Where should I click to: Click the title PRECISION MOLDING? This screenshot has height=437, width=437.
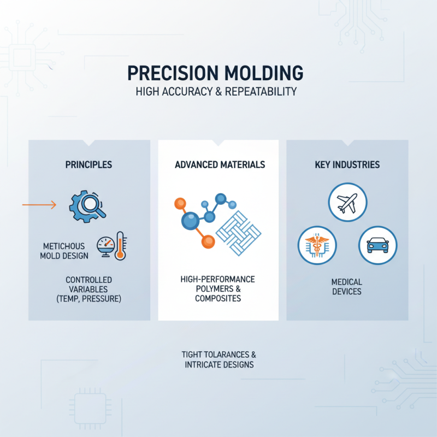pos(215,74)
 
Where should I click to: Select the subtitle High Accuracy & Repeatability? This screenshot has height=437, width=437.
pos(216,92)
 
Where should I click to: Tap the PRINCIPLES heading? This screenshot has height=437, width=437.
pos(89,164)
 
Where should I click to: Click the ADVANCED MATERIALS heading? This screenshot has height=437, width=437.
pos(220,164)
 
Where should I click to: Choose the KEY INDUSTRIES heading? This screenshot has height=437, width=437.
pos(347,164)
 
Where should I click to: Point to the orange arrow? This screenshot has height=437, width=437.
pos(39,205)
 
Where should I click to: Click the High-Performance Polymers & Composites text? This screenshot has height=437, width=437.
pos(218,289)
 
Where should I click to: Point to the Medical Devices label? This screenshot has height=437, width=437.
pos(346,287)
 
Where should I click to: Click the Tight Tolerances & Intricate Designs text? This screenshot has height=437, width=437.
pos(218,359)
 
